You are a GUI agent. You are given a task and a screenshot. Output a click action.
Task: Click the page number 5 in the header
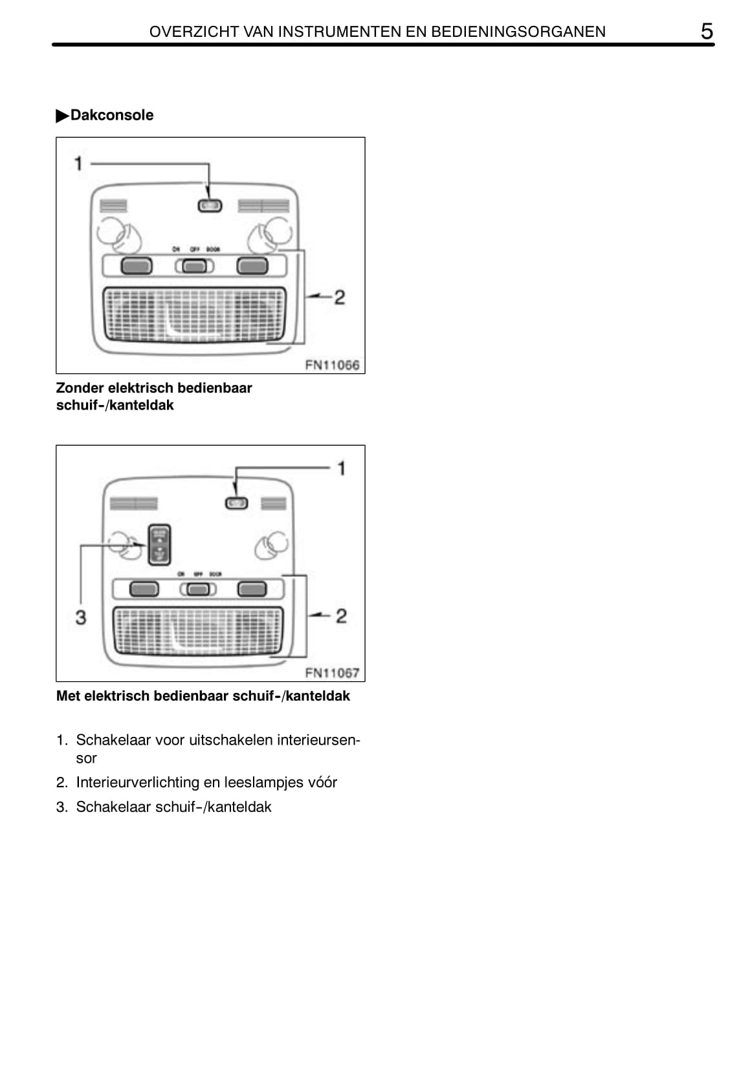point(707,31)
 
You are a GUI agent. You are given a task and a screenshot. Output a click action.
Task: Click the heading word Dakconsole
point(112,115)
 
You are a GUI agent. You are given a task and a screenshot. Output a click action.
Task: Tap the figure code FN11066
point(332,365)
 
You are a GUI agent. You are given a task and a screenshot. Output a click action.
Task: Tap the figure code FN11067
point(332,673)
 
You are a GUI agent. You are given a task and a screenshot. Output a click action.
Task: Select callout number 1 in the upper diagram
point(78,164)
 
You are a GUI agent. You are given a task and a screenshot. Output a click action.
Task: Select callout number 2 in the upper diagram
point(339,298)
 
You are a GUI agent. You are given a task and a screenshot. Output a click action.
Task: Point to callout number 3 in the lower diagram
point(80,617)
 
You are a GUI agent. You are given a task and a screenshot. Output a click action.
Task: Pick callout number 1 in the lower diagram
point(342,468)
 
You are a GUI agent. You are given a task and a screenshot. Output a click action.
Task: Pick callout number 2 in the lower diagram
point(341,616)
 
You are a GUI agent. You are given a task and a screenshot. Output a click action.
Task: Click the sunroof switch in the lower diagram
point(159,544)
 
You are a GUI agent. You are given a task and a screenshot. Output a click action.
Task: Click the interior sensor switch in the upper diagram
point(209,206)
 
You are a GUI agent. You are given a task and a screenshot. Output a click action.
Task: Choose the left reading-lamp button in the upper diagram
point(137,265)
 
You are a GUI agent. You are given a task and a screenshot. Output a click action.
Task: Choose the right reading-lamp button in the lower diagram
point(252,589)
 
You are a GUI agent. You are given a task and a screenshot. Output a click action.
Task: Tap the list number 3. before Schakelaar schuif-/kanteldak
point(62,807)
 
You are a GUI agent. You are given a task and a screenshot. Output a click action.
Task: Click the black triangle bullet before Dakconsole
point(62,116)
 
